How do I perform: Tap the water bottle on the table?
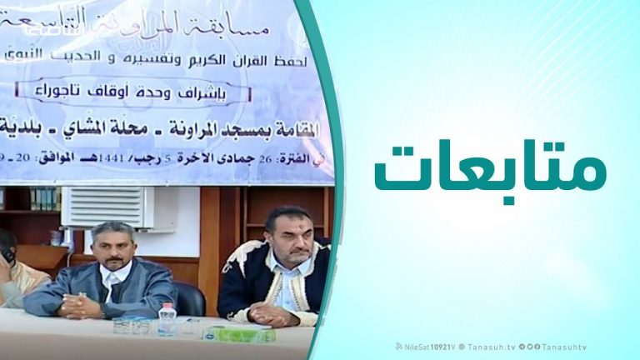[x=167, y=320]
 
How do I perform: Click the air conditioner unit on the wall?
[x=107, y=207]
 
